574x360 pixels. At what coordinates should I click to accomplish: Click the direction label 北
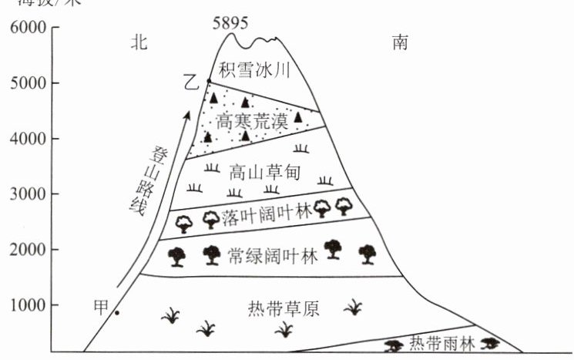139,44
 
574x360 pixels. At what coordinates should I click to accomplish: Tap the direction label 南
399,44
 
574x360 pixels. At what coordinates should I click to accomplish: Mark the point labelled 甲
116,312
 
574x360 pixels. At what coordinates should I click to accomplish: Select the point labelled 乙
209,82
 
